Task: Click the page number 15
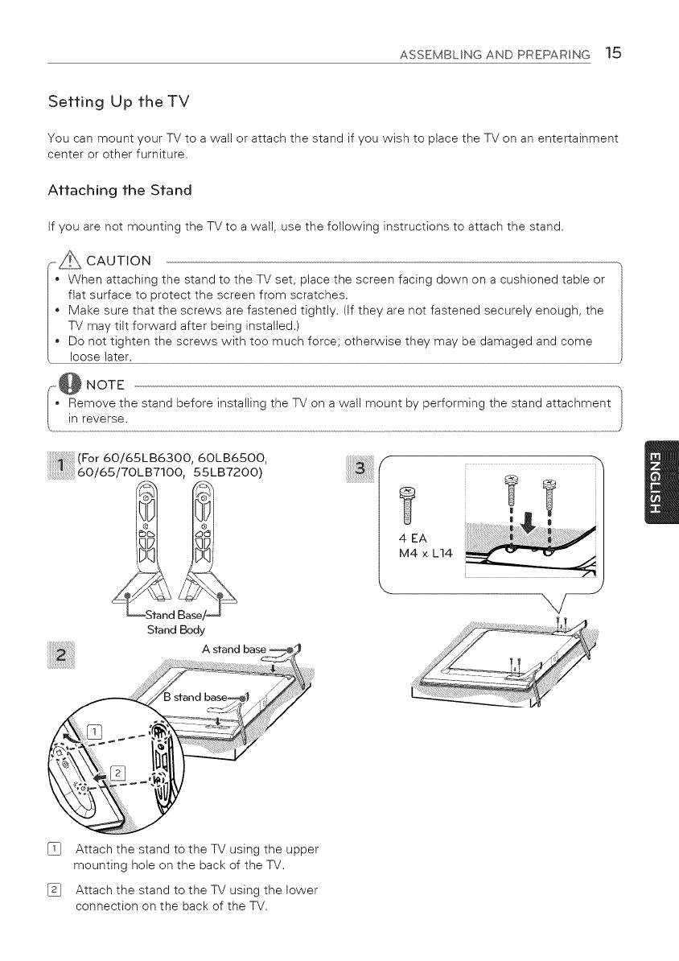point(614,54)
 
